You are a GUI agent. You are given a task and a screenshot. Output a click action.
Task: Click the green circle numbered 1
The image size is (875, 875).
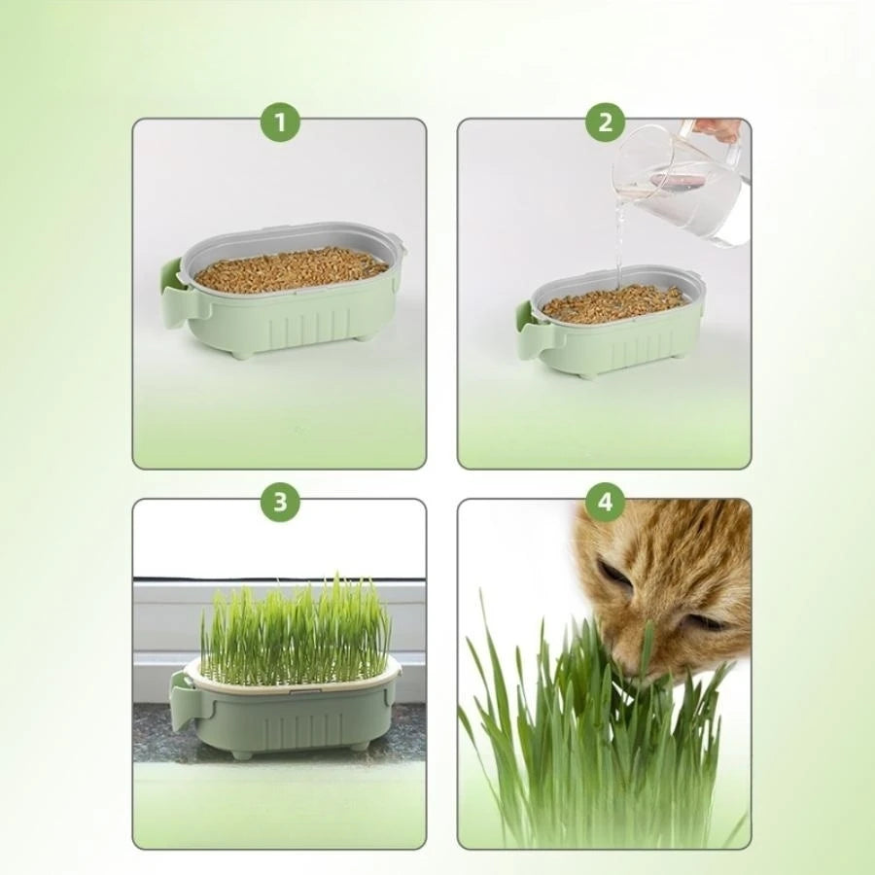point(280,122)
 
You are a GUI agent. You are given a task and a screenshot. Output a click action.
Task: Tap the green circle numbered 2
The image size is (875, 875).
point(605,122)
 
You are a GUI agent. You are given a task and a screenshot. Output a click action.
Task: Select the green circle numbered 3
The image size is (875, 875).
point(280,502)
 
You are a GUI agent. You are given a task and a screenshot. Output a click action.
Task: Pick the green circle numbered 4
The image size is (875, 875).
point(605,502)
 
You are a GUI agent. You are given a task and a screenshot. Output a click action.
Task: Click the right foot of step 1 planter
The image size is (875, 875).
point(361,336)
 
